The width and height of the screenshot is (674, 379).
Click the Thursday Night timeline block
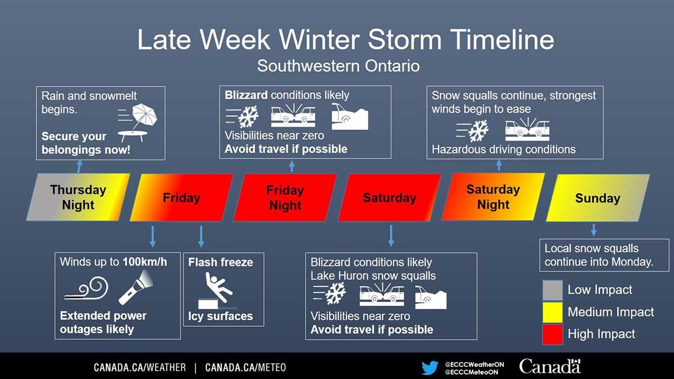point(78,197)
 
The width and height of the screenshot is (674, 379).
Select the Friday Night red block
point(285,197)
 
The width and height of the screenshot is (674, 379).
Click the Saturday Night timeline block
point(493,197)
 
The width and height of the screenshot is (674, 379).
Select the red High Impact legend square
point(552,334)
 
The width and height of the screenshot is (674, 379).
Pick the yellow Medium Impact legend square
point(552,312)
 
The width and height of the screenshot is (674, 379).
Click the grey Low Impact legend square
point(552,290)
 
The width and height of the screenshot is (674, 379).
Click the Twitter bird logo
point(430,368)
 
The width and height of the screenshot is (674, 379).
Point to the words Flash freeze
point(220,262)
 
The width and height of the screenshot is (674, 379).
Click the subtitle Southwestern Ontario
point(338,66)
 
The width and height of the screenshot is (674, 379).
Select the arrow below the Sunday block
point(594,229)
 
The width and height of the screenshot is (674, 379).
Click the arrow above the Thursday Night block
point(79,166)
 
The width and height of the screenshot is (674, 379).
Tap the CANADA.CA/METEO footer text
point(245,368)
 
